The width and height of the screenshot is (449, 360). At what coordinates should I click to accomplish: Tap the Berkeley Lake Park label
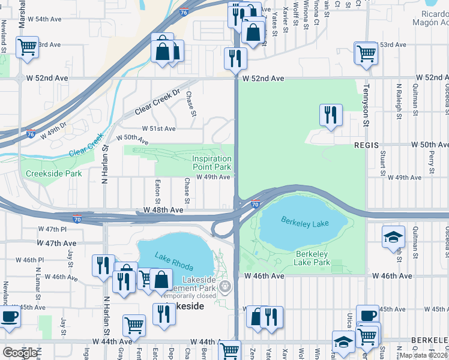pos(312,258)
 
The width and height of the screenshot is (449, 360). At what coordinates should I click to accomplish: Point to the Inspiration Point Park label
pos(211,163)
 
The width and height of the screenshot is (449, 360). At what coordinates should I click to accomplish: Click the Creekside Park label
pos(53,174)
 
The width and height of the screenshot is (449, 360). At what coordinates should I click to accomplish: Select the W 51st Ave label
pos(158,128)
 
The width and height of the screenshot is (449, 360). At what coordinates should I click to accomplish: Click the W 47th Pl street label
pos(52,229)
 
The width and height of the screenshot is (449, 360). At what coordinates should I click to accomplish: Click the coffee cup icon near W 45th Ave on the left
pos(10,317)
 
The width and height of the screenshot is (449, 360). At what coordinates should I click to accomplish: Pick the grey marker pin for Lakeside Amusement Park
pos(226,286)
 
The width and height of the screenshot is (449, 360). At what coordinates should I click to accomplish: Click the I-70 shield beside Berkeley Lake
pos(256,205)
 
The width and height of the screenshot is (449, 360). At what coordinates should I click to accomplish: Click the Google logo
pos(20,352)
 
